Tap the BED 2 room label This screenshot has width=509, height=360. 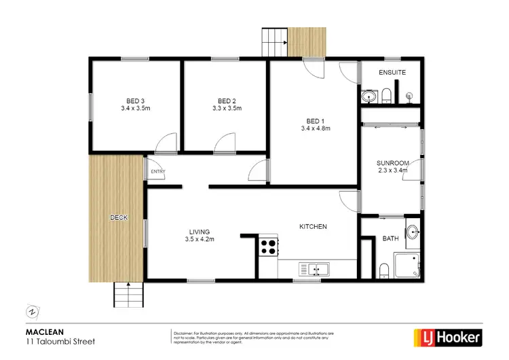227,99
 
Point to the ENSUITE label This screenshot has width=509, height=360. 392,72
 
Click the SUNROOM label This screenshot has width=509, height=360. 393,163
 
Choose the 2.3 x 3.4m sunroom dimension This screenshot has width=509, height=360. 393,171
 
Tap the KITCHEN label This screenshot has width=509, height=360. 314,226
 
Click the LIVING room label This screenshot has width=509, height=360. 199,232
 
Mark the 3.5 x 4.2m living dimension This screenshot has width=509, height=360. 199,240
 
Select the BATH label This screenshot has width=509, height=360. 390,238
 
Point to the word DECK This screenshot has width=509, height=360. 119,217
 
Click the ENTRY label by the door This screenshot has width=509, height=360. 157,172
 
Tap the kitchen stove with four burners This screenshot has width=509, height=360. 268,245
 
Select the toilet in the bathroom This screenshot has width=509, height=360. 385,271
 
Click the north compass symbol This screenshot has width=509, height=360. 31,312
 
